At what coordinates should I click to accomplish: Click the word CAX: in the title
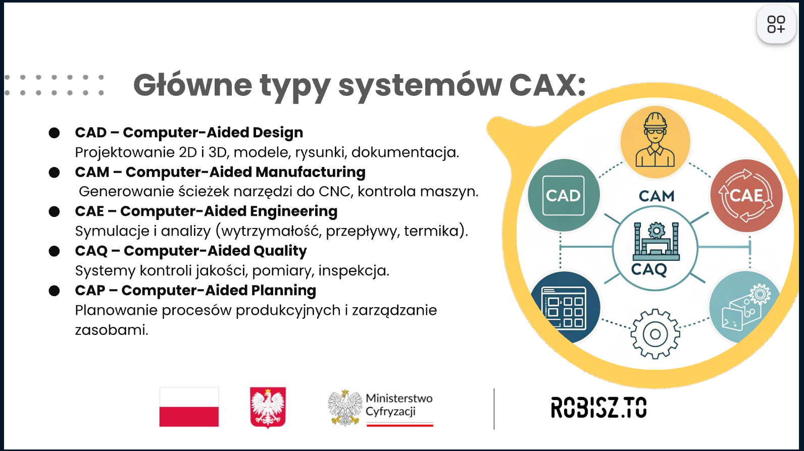(x=547, y=85)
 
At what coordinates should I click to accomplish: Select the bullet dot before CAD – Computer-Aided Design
(x=54, y=133)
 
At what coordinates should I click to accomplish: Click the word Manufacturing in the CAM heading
(x=311, y=172)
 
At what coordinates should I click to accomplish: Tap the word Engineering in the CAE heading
(x=293, y=211)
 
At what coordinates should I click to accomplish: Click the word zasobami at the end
(x=112, y=330)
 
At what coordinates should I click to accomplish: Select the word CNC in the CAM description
(x=334, y=192)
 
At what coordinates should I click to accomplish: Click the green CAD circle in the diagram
(x=564, y=195)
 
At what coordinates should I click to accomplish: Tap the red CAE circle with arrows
(x=746, y=196)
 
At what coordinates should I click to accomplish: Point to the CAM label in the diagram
(x=657, y=196)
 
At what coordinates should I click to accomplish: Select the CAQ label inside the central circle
(x=649, y=269)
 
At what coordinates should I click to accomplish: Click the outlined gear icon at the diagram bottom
(x=656, y=334)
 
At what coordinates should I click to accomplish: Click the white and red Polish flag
(x=189, y=407)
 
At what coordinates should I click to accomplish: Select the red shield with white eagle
(x=268, y=408)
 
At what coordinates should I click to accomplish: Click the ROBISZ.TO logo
(x=598, y=408)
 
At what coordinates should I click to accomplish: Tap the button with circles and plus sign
(x=776, y=24)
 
